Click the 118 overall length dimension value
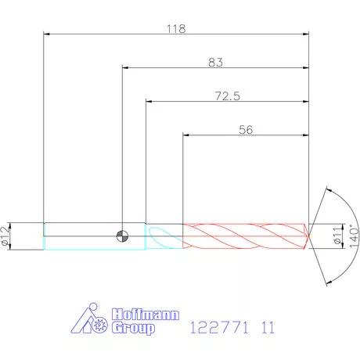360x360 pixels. pos(176,29)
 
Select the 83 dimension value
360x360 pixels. pos(215,63)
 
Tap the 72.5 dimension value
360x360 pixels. pos(227,96)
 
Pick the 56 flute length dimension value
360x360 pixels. pos(246,130)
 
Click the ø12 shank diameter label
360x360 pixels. pos(5,236)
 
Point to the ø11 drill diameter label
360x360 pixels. pos(338,236)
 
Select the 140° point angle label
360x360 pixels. pos(354,236)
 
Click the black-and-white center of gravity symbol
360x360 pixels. pos(122,236)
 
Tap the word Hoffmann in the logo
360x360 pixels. pos(146,315)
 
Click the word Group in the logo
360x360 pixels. pos(133,328)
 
